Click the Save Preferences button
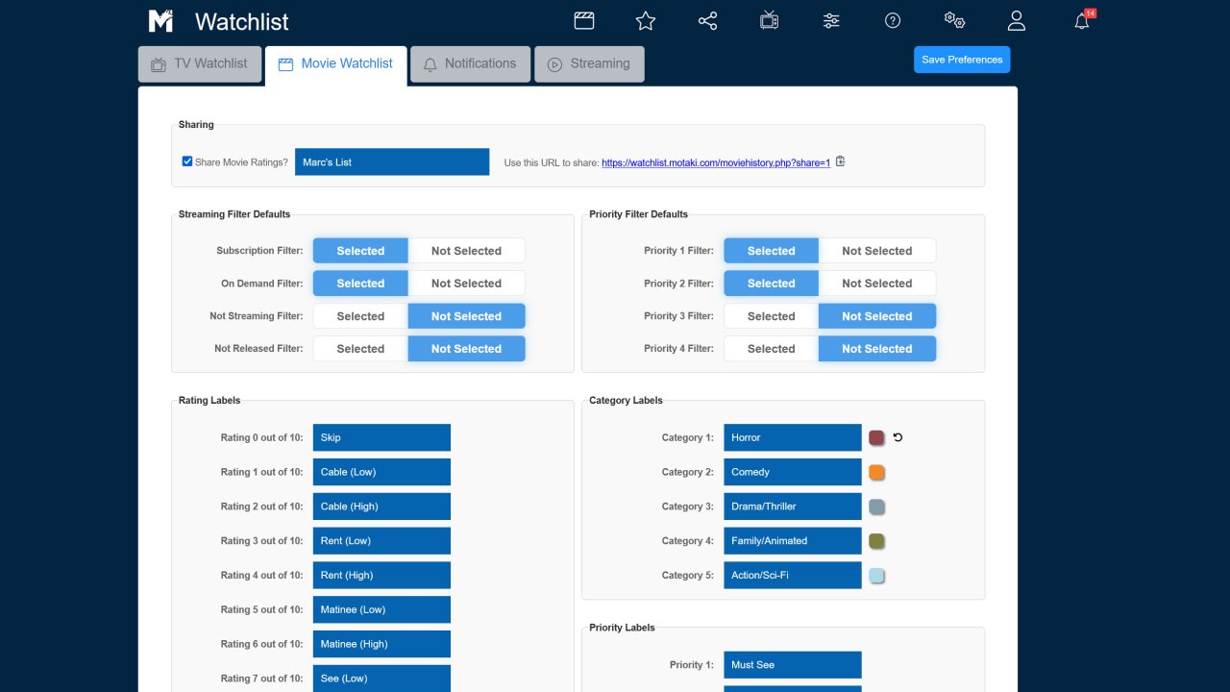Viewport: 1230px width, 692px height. pos(962,60)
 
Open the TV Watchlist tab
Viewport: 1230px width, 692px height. pos(200,63)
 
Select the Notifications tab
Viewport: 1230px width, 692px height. pos(470,63)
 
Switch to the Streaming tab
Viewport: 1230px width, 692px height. pos(589,63)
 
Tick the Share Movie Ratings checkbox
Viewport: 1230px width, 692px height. pos(187,161)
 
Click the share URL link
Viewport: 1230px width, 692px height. pos(716,162)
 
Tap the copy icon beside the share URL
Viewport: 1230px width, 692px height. pos(840,161)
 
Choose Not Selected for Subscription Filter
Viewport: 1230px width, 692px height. pos(466,251)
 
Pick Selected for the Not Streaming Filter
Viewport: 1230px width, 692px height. pos(360,316)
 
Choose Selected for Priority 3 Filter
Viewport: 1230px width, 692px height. pos(771,316)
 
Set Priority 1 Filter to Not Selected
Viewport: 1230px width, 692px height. pos(877,251)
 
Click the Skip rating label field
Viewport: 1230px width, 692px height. pos(381,437)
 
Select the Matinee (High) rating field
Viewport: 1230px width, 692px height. pos(381,644)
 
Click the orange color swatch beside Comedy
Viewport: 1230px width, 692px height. pos(876,472)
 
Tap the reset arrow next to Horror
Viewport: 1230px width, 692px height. pos(898,437)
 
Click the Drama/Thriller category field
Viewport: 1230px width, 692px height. pos(793,506)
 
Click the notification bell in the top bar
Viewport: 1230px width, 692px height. pos(1082,21)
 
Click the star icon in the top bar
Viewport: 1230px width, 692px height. pos(646,21)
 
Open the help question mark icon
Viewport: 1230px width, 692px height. pos(893,21)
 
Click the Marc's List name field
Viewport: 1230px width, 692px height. pos(392,162)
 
